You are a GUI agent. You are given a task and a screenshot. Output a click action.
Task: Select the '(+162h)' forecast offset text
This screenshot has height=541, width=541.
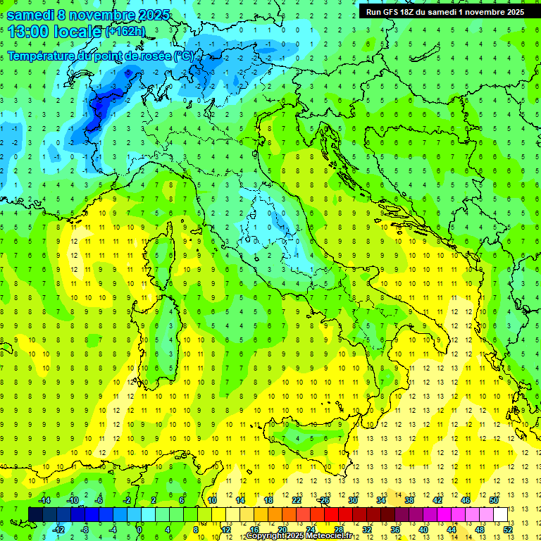[125, 32]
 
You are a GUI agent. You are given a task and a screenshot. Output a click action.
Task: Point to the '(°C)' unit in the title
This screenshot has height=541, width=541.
[183, 55]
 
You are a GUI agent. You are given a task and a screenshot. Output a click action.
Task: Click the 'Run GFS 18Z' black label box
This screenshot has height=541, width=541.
[444, 12]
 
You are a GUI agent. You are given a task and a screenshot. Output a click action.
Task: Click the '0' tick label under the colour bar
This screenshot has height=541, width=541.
[139, 529]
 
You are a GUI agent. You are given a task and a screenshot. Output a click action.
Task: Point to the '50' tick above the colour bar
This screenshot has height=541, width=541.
[494, 500]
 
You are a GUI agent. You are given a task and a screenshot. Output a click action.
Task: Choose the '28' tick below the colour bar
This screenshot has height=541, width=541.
[339, 529]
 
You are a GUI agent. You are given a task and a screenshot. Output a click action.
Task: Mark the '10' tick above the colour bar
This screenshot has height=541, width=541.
[211, 500]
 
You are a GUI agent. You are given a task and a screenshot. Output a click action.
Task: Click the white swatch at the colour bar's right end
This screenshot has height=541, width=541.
[500, 514]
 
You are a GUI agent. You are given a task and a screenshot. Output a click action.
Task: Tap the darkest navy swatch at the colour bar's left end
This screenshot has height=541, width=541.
[36, 514]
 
